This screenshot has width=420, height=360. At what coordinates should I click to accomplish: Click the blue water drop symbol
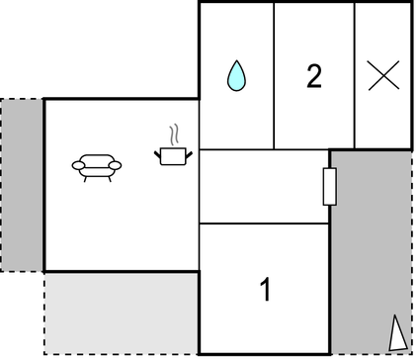235,76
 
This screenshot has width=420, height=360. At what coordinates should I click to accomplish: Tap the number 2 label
314,76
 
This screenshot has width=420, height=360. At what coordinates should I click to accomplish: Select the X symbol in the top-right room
382,76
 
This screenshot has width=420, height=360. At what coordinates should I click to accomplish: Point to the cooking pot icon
174,154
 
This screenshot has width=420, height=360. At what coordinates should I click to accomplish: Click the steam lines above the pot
174,134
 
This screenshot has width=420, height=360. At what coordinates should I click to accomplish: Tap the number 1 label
265,291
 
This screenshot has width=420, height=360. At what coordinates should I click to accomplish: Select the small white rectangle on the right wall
330,186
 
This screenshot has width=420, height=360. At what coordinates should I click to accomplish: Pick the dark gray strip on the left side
22,185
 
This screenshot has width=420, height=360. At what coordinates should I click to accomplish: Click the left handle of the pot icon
159,151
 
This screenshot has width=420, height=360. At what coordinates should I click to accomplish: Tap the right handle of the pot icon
189,151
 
